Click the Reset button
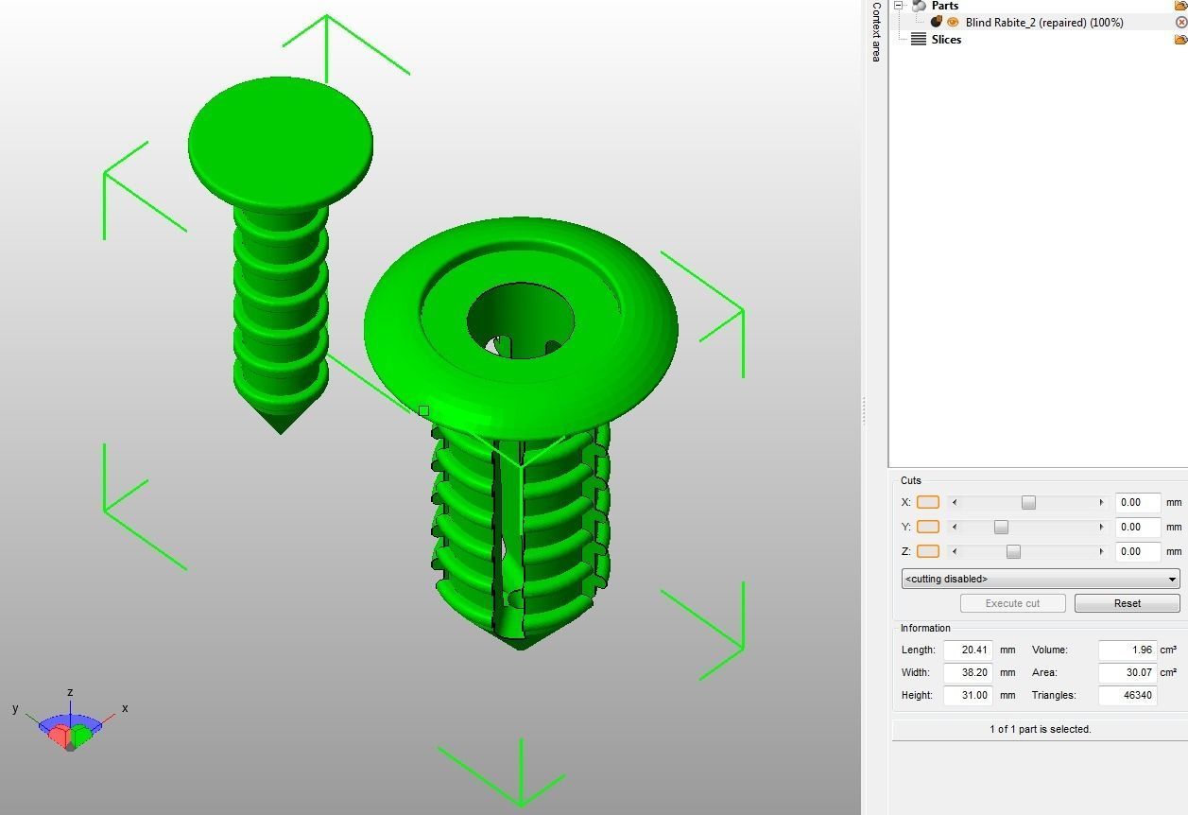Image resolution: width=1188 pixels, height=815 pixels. click(x=1127, y=603)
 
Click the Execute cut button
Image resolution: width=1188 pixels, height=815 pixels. click(x=1012, y=603)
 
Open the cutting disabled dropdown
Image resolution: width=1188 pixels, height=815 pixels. click(x=1041, y=579)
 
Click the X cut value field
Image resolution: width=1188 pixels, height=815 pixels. click(x=1137, y=502)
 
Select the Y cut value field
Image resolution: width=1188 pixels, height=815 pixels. click(x=1137, y=527)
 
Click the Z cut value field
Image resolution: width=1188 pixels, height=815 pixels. click(x=1137, y=551)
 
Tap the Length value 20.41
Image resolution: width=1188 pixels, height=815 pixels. click(x=968, y=650)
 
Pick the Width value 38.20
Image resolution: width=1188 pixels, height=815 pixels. click(x=968, y=672)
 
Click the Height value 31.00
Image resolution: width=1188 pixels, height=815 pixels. click(x=968, y=695)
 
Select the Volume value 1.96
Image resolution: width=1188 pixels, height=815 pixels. click(x=1128, y=650)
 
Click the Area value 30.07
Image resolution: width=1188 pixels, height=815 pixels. click(x=1128, y=672)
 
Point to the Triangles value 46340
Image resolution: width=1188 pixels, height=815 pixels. click(x=1128, y=695)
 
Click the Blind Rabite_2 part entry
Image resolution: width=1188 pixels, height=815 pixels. click(x=1043, y=22)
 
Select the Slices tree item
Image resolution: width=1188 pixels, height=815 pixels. click(x=946, y=39)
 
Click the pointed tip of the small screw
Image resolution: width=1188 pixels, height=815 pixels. click(x=281, y=428)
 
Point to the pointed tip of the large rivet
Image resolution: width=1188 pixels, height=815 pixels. click(x=520, y=644)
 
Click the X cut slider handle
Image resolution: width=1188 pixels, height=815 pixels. click(x=1028, y=502)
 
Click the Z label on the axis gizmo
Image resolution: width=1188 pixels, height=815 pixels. click(x=70, y=693)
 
